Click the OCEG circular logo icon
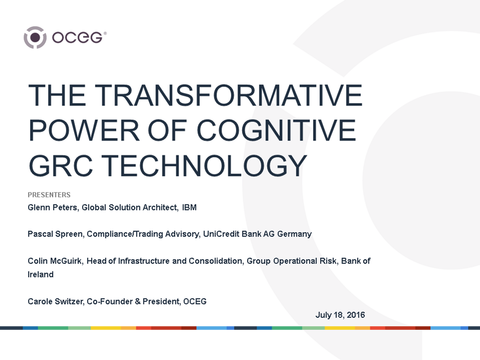[x=35, y=37]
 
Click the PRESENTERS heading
[x=49, y=195]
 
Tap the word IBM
[x=189, y=207]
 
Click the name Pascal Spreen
[x=56, y=234]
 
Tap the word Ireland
[x=41, y=275]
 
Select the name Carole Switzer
[x=56, y=301]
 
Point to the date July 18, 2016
[x=340, y=315]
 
